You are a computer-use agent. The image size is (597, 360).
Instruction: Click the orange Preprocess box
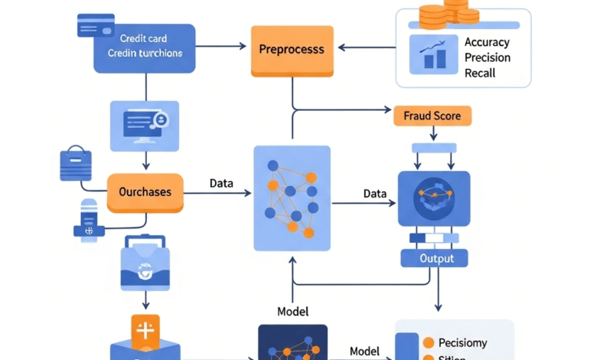tap(292, 50)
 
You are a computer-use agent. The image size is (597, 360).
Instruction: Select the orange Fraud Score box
tap(432, 116)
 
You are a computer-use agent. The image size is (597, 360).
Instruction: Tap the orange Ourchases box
tap(145, 191)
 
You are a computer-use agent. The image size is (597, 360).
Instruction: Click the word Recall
tap(480, 73)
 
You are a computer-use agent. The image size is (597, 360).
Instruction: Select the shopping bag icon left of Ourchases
tap(76, 165)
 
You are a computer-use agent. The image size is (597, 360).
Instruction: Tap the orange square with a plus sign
tap(145, 330)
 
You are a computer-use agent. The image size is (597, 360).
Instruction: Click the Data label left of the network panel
tap(221, 184)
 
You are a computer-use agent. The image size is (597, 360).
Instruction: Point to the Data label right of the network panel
tap(375, 194)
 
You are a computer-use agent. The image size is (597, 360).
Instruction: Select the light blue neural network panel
tap(292, 198)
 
